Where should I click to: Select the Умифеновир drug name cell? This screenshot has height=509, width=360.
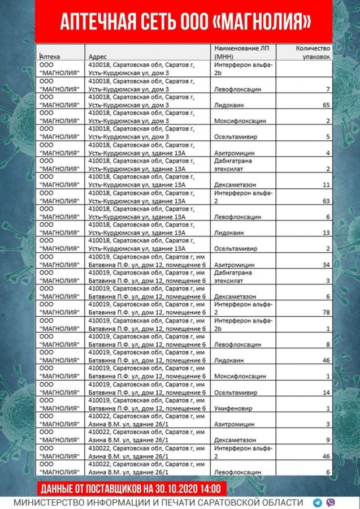(233, 408)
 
